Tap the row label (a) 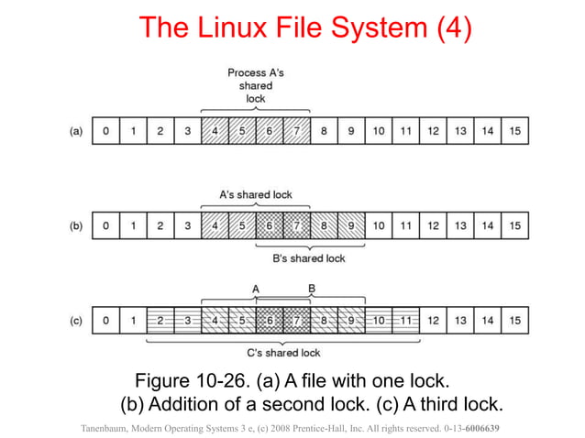(x=77, y=131)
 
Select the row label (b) (x=77, y=225)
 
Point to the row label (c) (x=77, y=320)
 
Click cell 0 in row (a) (x=106, y=131)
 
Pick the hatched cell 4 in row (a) (x=215, y=131)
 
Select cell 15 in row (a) (x=514, y=131)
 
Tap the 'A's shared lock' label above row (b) (x=255, y=194)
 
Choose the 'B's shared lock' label (x=310, y=258)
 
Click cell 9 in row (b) (x=351, y=225)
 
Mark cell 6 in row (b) (x=270, y=225)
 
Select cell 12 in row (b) (x=433, y=225)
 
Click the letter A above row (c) (x=256, y=289)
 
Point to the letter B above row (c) (x=311, y=289)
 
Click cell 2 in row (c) (x=160, y=320)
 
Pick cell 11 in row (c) (x=405, y=320)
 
